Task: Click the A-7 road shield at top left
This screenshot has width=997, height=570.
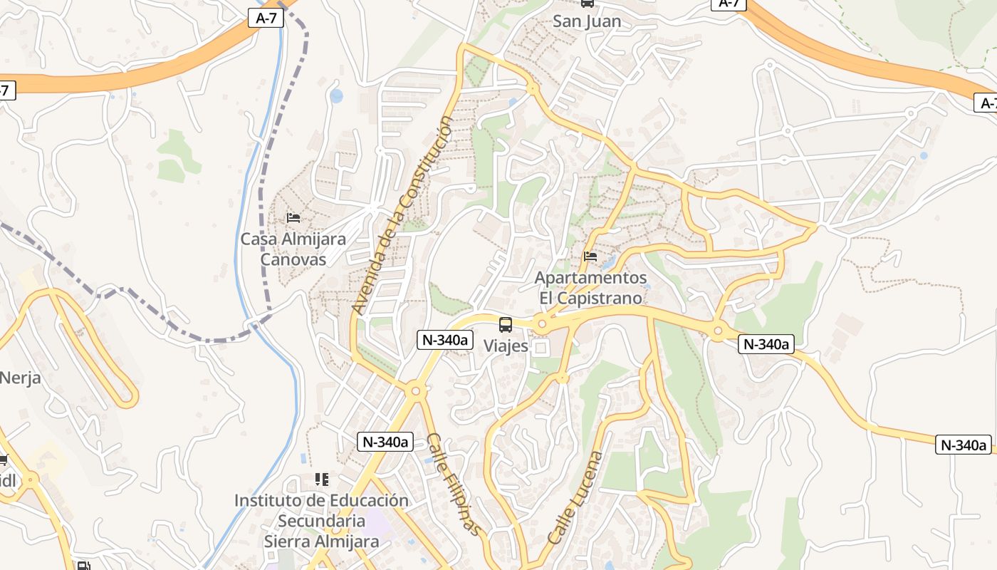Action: pyautogui.click(x=266, y=18)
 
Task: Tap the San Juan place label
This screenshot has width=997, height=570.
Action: pyautogui.click(x=587, y=21)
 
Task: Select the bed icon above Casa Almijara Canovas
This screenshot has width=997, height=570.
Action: pyautogui.click(x=293, y=217)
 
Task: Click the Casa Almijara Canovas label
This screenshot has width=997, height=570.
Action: pyautogui.click(x=293, y=249)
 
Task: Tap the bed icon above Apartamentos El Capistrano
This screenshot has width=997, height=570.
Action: pyautogui.click(x=590, y=256)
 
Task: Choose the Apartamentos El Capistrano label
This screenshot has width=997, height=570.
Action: pyautogui.click(x=590, y=288)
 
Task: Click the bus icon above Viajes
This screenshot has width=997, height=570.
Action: pyautogui.click(x=506, y=325)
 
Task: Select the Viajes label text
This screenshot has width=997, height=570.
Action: pyautogui.click(x=506, y=346)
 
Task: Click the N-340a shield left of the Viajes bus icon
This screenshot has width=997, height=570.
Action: pyautogui.click(x=445, y=340)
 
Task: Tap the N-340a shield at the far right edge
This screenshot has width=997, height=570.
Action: pyautogui.click(x=964, y=445)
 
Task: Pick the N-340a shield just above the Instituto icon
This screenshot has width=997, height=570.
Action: pyautogui.click(x=385, y=442)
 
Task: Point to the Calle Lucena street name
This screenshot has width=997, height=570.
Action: pyautogui.click(x=575, y=497)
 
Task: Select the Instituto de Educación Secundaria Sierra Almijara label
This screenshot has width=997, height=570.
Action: pyautogui.click(x=321, y=521)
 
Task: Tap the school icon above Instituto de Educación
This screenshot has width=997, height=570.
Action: pyautogui.click(x=321, y=480)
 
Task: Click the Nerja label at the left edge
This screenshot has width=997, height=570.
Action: pyautogui.click(x=20, y=378)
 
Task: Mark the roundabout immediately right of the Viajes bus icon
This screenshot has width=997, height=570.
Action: pyautogui.click(x=542, y=325)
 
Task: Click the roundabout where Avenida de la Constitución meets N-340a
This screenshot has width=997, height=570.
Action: pyautogui.click(x=415, y=390)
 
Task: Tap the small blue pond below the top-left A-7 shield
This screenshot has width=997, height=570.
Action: pyautogui.click(x=336, y=95)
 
